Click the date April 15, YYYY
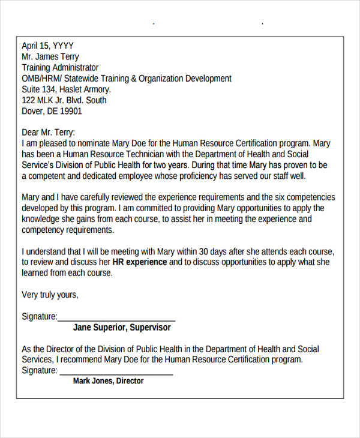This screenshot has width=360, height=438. click(47, 46)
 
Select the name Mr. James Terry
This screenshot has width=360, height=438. click(50, 56)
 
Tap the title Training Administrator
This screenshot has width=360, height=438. click(60, 67)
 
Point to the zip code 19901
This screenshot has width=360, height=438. click(71, 111)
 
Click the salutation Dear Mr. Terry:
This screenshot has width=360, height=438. click(49, 133)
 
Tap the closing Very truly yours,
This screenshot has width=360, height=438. click(50, 295)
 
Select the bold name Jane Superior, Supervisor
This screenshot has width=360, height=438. click(122, 328)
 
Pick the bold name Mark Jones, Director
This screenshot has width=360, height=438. click(108, 381)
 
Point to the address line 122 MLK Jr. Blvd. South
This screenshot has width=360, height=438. click(64, 100)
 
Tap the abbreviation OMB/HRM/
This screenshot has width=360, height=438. click(41, 78)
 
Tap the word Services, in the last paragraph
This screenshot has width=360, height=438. click(37, 360)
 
